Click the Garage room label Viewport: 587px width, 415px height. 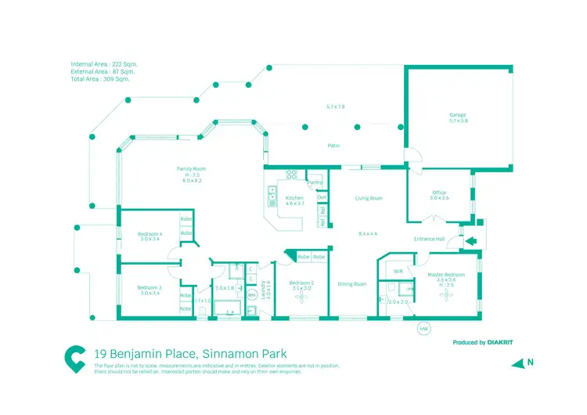pos(458,114)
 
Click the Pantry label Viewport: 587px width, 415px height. pos(315,182)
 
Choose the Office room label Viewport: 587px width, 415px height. pos(439,193)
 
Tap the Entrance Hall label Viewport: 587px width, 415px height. pos(429,239)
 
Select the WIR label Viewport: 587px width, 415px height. pos(398,270)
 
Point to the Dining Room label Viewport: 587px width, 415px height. pos(351,284)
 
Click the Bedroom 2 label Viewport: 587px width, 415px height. pos(301,283)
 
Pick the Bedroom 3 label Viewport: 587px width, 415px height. pos(150,287)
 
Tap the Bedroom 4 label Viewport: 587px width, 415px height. pos(150,233)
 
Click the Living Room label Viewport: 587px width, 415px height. pos(369,198)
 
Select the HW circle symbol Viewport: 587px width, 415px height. pos(424,329)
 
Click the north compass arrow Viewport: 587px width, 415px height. pos(517,363)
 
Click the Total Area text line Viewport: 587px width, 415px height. pos(100,79)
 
